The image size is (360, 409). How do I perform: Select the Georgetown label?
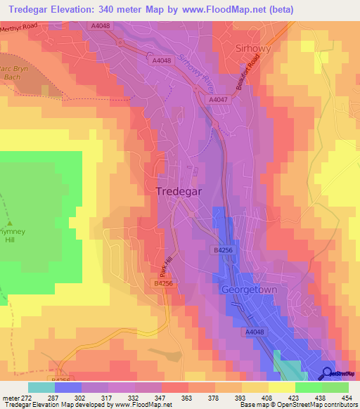tap(250, 289)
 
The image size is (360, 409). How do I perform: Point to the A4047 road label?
tap(217, 100)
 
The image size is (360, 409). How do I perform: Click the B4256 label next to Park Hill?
tap(163, 283)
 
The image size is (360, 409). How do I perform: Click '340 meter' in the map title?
tap(114, 8)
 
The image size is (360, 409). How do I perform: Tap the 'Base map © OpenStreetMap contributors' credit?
tap(298, 405)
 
